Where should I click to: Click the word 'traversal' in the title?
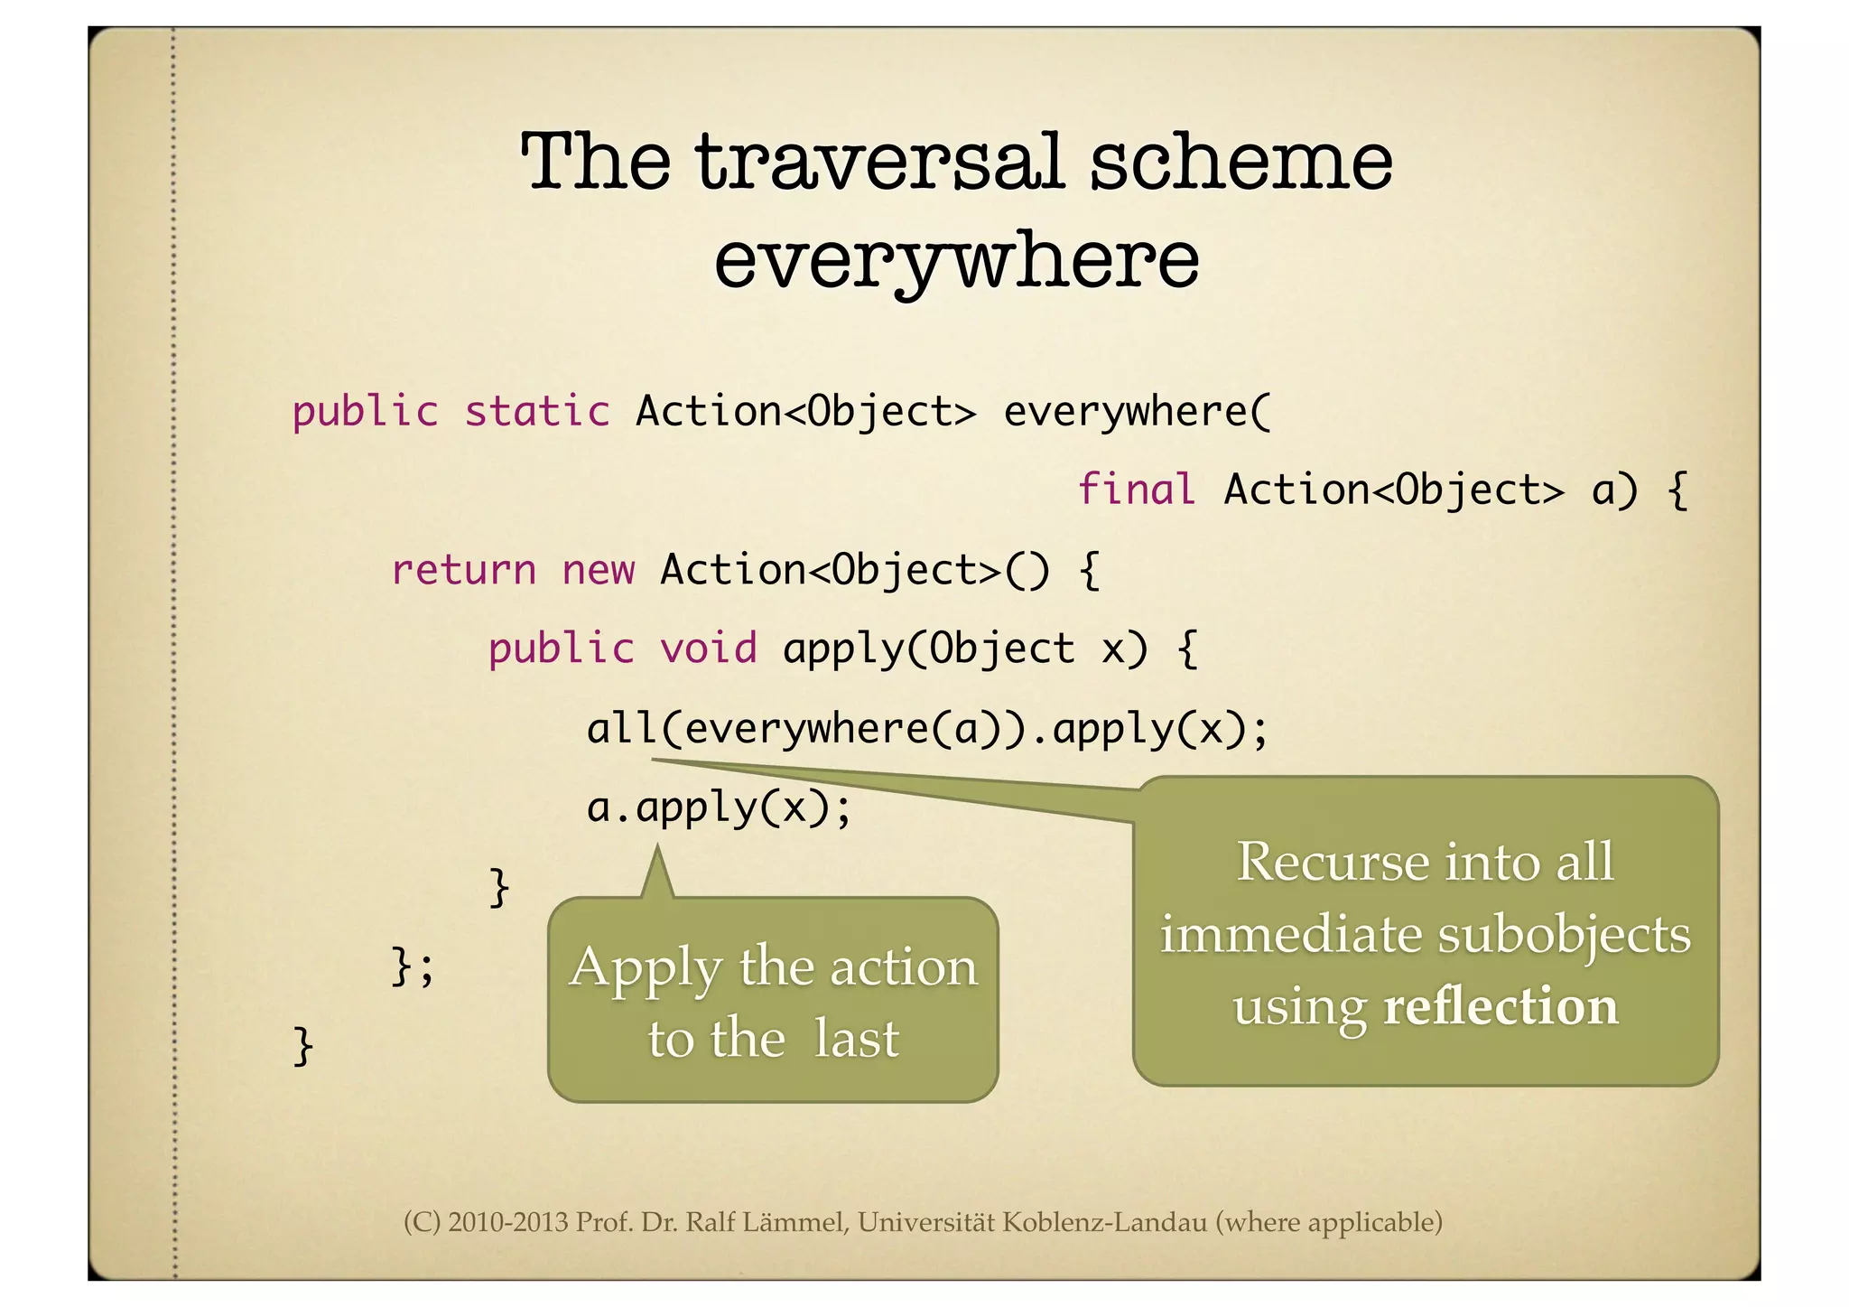(880, 163)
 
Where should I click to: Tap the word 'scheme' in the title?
(1240, 163)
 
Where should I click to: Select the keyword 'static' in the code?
(537, 412)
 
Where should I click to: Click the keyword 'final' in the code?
(1137, 490)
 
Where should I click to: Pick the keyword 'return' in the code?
(464, 570)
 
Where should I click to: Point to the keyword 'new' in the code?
(598, 570)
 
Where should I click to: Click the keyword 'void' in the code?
(709, 649)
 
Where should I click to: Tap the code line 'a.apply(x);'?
(719, 808)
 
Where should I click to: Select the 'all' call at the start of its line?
(622, 728)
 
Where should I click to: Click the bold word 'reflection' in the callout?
(1501, 1006)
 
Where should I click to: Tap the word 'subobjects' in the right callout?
(1564, 934)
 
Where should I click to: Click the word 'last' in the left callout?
(856, 1039)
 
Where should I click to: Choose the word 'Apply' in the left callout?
(646, 968)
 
